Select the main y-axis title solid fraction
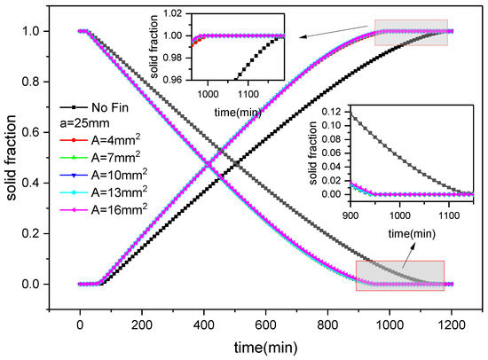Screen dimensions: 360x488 pyautogui.click(x=13, y=158)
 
